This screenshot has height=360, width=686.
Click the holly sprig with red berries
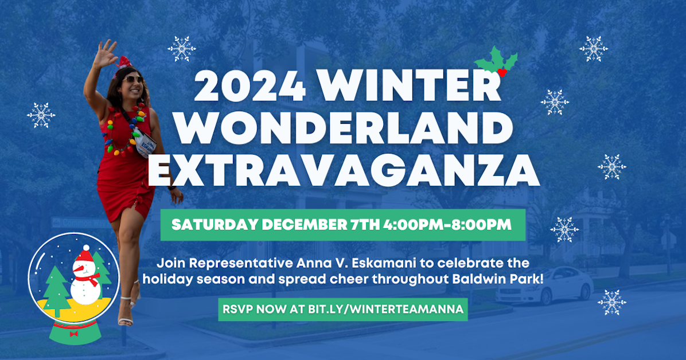497,62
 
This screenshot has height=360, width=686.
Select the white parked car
544,285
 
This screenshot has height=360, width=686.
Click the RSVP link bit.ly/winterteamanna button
343,310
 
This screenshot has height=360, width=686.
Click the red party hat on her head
124,62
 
